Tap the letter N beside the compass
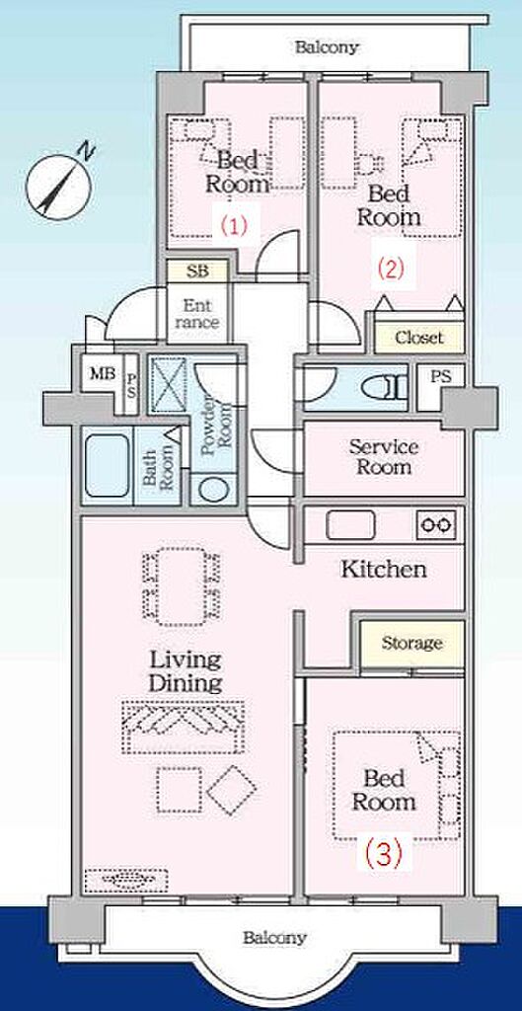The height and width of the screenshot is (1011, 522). point(87,151)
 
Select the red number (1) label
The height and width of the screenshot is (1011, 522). point(234,226)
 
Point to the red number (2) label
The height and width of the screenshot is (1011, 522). point(391,268)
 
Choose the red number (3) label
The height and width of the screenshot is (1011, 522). point(384,855)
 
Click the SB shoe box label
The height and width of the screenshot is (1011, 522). point(197,272)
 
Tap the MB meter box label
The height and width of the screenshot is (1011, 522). point(102,373)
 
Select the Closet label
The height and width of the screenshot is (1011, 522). point(419,338)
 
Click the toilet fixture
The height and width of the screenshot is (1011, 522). point(385,389)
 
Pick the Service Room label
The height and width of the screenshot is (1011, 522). point(384,456)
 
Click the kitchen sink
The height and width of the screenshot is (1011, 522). point(350,525)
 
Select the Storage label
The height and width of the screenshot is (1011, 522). point(411,643)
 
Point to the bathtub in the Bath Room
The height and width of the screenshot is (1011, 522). point(107,465)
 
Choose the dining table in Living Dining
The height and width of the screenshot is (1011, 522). point(181,586)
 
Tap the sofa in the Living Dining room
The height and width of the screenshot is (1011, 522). point(183,727)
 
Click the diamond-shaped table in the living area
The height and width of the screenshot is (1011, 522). point(231,790)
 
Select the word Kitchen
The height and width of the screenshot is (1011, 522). point(384,570)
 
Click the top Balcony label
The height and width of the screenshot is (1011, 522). point(326,47)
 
